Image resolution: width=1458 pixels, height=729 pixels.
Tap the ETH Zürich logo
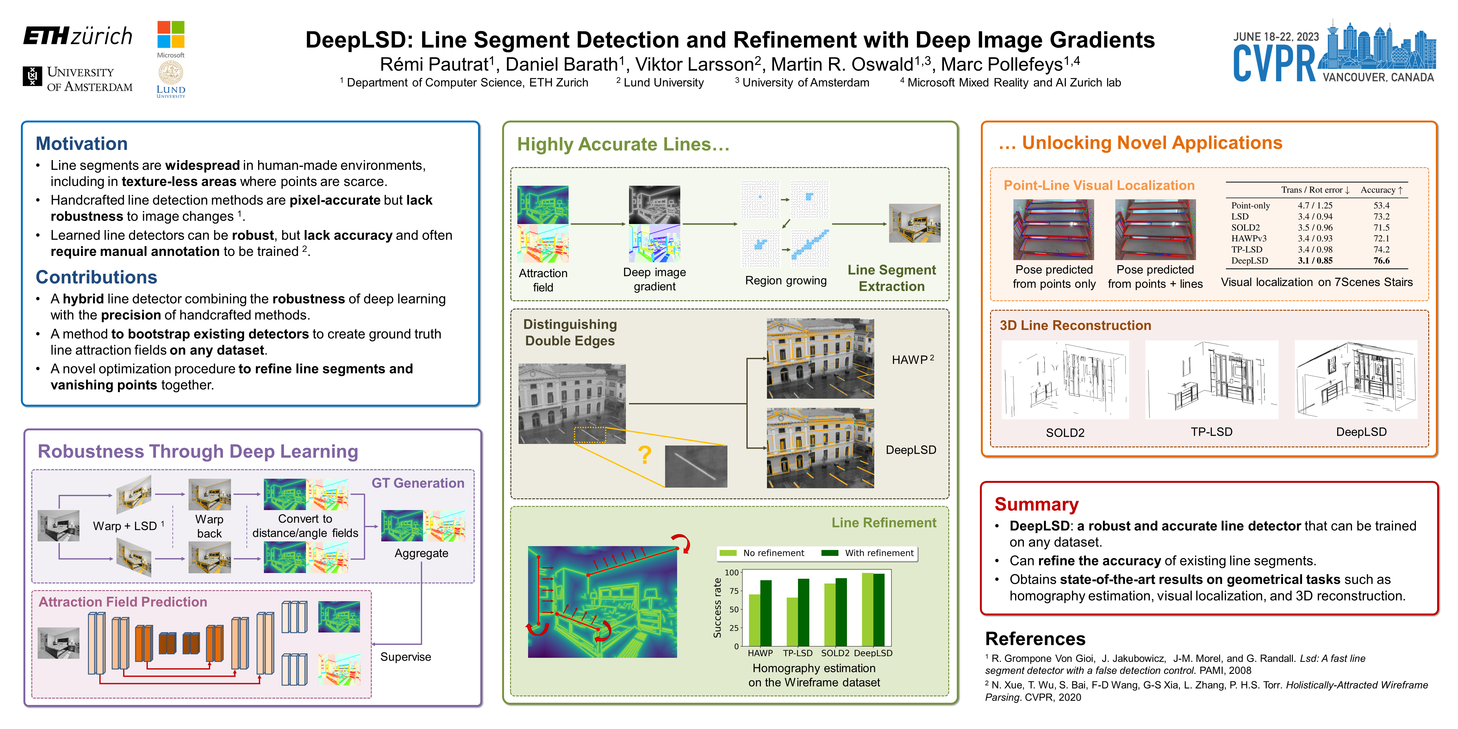pyautogui.click(x=78, y=36)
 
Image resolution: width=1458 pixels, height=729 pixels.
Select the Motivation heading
pyautogui.click(x=82, y=144)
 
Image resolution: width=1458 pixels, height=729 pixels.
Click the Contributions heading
pyautogui.click(x=96, y=277)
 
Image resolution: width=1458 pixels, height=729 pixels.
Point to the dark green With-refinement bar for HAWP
pyautogui.click(x=766, y=613)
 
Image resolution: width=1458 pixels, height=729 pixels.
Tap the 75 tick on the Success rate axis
pyautogui.click(x=733, y=591)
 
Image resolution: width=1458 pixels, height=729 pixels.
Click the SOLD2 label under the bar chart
pyautogui.click(x=835, y=653)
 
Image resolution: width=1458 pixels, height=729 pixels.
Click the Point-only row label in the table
pyautogui.click(x=1250, y=205)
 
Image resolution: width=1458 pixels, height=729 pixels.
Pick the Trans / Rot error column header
pyautogui.click(x=1315, y=190)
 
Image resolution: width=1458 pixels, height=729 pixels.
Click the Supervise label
pyautogui.click(x=405, y=657)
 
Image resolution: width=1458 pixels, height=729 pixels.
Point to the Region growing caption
pyautogui.click(x=786, y=281)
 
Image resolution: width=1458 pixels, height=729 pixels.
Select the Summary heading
pyautogui.click(x=1036, y=504)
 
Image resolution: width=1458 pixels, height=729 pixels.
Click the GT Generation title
pyautogui.click(x=418, y=483)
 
